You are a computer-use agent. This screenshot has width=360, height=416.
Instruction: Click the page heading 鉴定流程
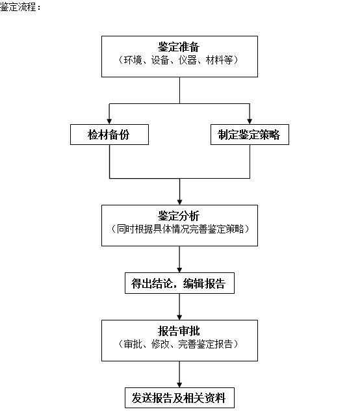coord(20,6)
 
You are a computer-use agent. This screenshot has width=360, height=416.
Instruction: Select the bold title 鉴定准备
coord(179,47)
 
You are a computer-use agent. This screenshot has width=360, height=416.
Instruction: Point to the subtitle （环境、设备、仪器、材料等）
coord(178,60)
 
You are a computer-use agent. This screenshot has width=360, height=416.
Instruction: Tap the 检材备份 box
coord(109,135)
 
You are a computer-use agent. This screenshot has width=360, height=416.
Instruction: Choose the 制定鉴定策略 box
coord(250,135)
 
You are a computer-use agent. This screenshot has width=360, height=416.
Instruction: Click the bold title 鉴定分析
coord(179,216)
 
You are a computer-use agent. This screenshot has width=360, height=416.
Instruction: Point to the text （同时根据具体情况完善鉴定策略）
coord(180,229)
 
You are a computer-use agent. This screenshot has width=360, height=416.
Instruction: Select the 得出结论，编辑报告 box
coord(179,283)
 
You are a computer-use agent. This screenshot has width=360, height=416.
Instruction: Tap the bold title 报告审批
coord(179,331)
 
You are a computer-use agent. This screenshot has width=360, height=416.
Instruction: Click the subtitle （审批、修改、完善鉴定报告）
coord(178,344)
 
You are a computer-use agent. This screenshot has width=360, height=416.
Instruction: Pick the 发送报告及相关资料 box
coord(179,398)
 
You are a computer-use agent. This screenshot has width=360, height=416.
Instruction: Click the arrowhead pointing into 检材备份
coord(109,122)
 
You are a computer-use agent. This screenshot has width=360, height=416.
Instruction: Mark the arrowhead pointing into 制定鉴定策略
coord(250,122)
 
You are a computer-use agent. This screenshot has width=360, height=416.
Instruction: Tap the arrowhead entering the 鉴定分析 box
coord(179,201)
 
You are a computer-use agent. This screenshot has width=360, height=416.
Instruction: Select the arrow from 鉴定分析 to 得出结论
coord(179,259)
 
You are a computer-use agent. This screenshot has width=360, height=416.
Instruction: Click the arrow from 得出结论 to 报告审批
coord(179,307)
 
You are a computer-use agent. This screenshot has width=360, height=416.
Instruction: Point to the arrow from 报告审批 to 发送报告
coord(179,374)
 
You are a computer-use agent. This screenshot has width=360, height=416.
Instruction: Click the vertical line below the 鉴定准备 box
coord(179,90)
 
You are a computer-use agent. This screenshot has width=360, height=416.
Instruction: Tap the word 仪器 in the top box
coord(187,60)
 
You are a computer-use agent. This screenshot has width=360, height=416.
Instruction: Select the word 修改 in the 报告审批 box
coord(161,344)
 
